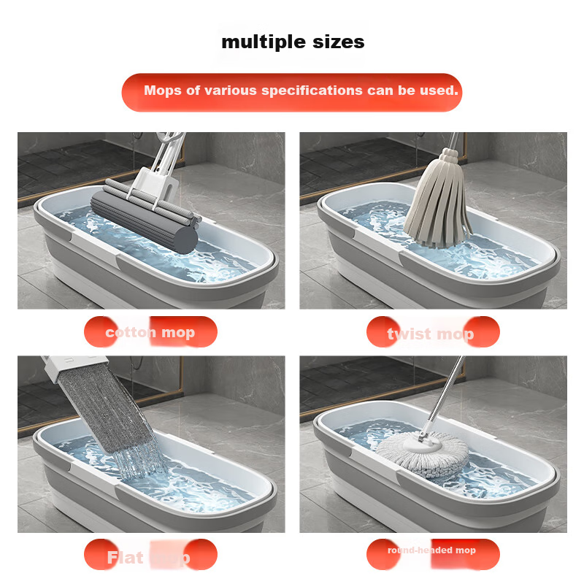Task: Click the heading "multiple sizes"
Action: [x=293, y=42]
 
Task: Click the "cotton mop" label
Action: [x=150, y=333]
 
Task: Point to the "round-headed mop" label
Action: [x=431, y=550]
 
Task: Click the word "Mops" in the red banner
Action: [x=161, y=91]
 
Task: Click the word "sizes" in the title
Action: [x=334, y=42]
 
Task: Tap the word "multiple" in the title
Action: [x=259, y=42]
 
